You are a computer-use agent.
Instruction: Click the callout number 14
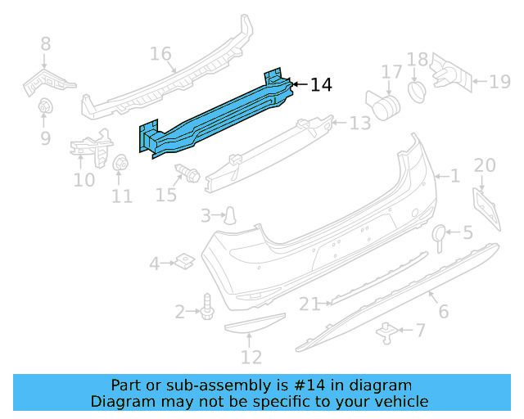[322, 84]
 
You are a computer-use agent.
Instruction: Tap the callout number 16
[160, 54]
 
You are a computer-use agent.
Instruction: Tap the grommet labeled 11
[120, 163]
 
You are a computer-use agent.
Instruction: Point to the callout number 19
[499, 80]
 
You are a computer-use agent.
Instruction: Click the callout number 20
[485, 166]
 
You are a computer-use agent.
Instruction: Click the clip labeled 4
[183, 262]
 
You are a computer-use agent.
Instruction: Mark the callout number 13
[360, 124]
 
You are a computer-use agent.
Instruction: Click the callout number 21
[309, 304]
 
